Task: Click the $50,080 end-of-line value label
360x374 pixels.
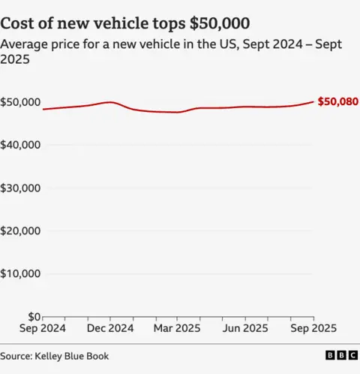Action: click(337, 101)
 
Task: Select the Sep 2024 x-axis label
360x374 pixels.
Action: click(43, 329)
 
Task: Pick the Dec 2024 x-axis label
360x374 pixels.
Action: click(110, 329)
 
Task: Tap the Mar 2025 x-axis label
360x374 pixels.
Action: click(178, 329)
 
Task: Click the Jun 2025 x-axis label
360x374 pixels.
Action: click(245, 329)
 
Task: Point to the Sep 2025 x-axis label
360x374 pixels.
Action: click(313, 329)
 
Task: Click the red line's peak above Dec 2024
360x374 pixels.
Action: click(110, 102)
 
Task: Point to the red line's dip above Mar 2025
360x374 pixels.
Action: click(178, 112)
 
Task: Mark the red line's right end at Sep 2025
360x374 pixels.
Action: click(313, 101)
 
